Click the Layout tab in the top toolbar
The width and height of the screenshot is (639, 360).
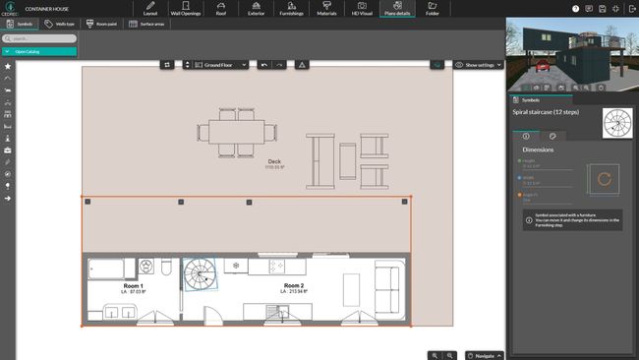(x=149, y=10)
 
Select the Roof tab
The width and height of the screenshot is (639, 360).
(x=220, y=10)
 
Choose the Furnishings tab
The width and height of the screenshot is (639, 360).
(x=291, y=10)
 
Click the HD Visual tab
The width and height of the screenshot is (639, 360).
(x=362, y=10)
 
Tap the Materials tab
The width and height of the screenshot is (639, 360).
(x=326, y=10)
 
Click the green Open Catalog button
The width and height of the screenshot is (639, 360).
(x=39, y=50)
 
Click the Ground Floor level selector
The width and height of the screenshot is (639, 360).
(x=220, y=64)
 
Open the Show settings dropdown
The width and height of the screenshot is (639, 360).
(x=480, y=64)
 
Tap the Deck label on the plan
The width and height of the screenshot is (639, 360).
(x=275, y=162)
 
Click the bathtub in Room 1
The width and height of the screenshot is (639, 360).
(x=105, y=268)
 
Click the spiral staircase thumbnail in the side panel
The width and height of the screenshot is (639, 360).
(x=616, y=123)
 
